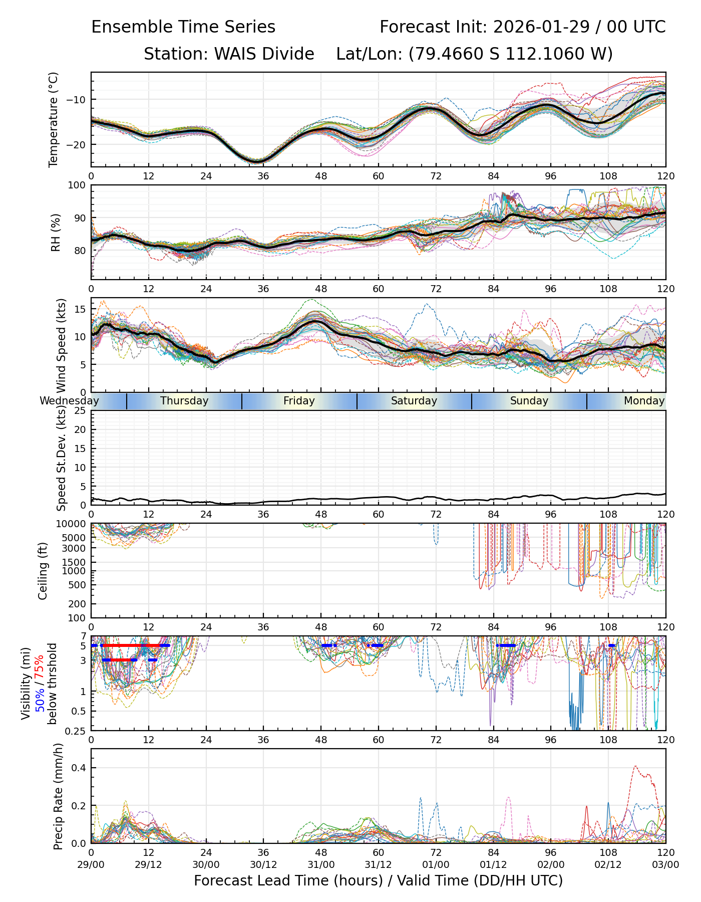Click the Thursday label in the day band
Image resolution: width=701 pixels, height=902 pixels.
[x=184, y=401]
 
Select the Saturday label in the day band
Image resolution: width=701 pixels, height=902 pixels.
[x=414, y=401]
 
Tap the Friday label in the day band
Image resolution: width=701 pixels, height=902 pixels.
[x=299, y=401]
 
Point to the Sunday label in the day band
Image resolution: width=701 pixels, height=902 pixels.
[x=529, y=401]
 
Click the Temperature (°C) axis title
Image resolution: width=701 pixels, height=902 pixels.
[x=54, y=119]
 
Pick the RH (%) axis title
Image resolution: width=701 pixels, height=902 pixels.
[x=56, y=233]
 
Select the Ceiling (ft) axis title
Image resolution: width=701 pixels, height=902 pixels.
[x=43, y=571]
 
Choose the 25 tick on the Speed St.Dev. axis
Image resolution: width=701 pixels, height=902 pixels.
[x=80, y=411]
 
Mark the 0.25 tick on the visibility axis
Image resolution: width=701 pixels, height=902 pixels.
[x=77, y=730]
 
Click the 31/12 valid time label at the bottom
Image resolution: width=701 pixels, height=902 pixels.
[x=379, y=864]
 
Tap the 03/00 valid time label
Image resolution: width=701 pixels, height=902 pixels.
[x=665, y=864]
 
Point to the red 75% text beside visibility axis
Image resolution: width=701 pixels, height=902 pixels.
[x=40, y=666]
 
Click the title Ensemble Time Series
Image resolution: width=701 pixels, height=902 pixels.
[x=183, y=27]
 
